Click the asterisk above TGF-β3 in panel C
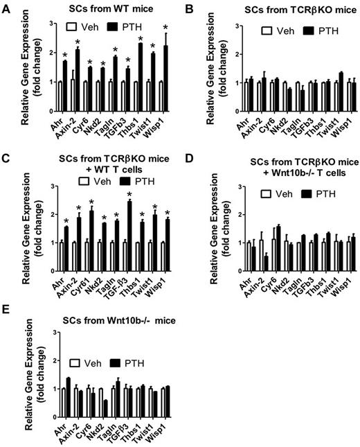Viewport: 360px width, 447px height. pos(129,195)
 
